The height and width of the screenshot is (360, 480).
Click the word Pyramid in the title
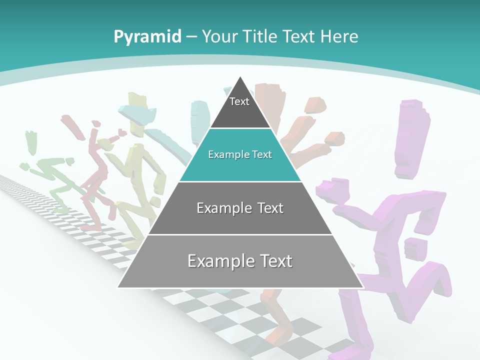pyautogui.click(x=147, y=37)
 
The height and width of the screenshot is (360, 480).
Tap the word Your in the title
pyautogui.click(x=220, y=36)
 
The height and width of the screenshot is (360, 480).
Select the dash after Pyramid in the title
pyautogui.click(x=191, y=37)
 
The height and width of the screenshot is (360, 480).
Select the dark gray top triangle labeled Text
pyautogui.click(x=240, y=107)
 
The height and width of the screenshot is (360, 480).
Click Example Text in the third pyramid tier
pyautogui.click(x=240, y=208)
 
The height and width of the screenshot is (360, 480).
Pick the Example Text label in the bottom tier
pyautogui.click(x=240, y=261)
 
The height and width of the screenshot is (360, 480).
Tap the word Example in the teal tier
pyautogui.click(x=226, y=154)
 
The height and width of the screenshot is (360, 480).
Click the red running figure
pyautogui.click(x=95, y=170)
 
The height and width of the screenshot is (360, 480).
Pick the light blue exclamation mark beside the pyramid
pyautogui.click(x=200, y=120)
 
